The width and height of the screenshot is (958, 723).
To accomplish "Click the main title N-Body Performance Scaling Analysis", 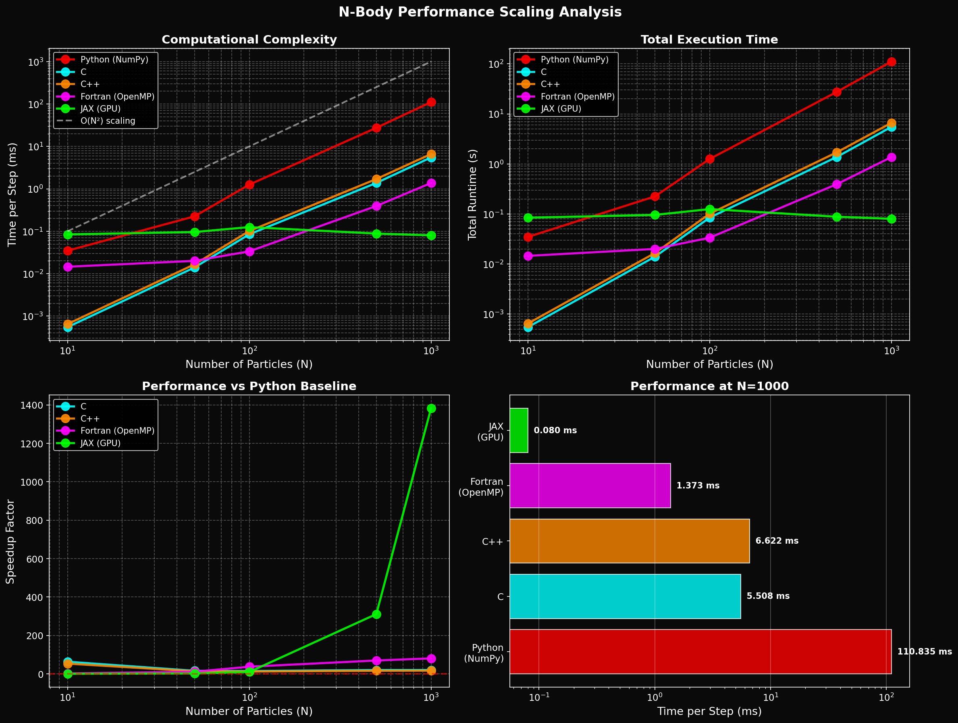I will pyautogui.click(x=480, y=12).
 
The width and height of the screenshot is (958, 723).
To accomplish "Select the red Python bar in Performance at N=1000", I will pyautogui.click(x=700, y=652).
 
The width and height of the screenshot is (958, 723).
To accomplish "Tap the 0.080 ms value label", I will pyautogui.click(x=555, y=430).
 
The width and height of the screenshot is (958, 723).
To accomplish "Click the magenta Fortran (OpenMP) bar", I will pyautogui.click(x=590, y=486).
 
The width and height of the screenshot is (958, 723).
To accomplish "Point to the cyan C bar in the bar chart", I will pyautogui.click(x=625, y=596).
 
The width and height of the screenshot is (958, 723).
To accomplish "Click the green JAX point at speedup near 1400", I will pyautogui.click(x=431, y=409).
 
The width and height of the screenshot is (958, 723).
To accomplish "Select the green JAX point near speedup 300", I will pyautogui.click(x=376, y=615).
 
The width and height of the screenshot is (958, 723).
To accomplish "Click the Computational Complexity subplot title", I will pyautogui.click(x=249, y=40).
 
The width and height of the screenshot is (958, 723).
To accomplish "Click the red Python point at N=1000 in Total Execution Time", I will pyautogui.click(x=891, y=62).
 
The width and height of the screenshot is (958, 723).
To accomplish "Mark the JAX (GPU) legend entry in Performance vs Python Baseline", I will pyautogui.click(x=100, y=443).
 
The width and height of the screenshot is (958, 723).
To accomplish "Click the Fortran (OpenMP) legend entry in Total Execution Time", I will pyautogui.click(x=577, y=97).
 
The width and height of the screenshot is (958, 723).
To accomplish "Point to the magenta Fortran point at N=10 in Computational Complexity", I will pyautogui.click(x=68, y=267).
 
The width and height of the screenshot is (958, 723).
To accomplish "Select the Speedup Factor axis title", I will pyautogui.click(x=10, y=542).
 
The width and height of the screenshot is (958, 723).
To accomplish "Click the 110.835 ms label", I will pyautogui.click(x=924, y=652).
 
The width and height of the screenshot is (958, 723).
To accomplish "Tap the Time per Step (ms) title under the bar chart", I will pyautogui.click(x=709, y=711).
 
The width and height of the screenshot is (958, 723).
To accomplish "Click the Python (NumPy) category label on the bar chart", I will pyautogui.click(x=484, y=653).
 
